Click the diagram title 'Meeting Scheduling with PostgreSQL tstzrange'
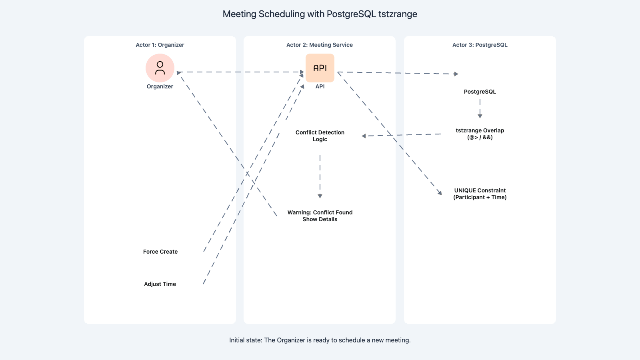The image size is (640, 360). tap(320, 14)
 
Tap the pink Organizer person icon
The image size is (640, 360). tap(160, 68)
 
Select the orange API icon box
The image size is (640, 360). tap(320, 68)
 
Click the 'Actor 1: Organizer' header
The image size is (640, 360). tap(160, 45)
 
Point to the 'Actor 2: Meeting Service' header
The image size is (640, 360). tap(320, 45)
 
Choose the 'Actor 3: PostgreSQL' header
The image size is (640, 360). tap(480, 45)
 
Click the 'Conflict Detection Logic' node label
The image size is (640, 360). tap(320, 136)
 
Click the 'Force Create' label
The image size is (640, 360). tap(160, 252)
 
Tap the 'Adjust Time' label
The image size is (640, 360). tap(160, 284)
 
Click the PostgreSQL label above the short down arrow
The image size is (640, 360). tap(480, 92)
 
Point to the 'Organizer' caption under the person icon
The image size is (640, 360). tap(160, 86)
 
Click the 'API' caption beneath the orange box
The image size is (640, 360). tap(320, 86)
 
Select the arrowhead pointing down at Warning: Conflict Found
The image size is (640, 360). tap(320, 196)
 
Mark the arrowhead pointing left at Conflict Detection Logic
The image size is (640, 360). tap(364, 136)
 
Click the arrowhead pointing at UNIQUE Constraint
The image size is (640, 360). tap(440, 192)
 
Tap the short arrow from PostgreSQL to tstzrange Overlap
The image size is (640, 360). tap(480, 109)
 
